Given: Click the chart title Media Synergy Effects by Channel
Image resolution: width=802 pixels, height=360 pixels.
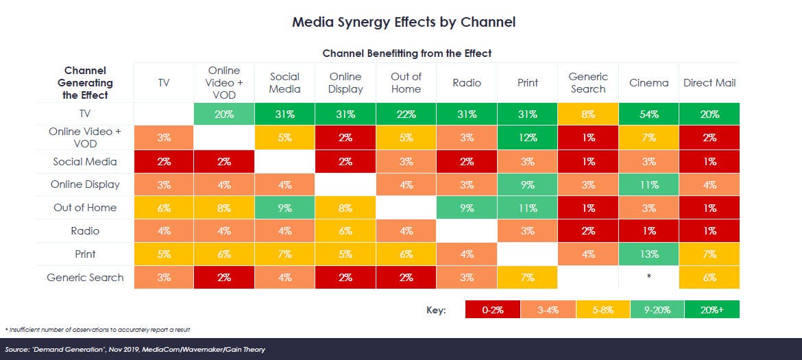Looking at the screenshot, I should pos(404,22).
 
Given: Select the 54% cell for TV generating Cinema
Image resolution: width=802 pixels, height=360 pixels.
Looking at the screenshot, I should pos(648,115).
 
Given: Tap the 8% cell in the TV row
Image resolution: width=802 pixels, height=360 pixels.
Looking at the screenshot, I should pos(587,115).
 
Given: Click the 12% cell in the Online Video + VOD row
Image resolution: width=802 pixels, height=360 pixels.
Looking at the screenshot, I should pos(527,138).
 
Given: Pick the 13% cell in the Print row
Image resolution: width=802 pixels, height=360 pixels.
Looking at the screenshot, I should pos(648,254).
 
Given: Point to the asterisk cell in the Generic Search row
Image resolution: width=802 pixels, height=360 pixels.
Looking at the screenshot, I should pos(648,277).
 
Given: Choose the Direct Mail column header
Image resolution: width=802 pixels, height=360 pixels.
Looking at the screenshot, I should pos(709,83).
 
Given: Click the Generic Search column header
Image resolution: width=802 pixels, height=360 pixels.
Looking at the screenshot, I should pos(587,83).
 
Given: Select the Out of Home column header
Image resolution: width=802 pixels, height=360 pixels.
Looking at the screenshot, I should pos(406,83).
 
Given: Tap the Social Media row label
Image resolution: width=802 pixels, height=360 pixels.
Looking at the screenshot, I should pos(86,161).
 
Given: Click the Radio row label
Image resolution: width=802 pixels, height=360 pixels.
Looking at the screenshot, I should pos(86,230).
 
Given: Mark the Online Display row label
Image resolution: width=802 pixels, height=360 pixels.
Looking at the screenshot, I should pos(86,184).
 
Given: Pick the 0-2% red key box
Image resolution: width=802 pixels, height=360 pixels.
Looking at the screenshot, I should pos(492,310).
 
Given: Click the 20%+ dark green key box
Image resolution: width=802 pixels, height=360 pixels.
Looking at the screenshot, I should pos(712,310).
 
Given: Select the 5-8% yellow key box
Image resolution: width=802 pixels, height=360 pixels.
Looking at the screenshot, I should pos(603,310).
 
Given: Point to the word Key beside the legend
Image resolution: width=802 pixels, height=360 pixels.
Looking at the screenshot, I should pos(436,311).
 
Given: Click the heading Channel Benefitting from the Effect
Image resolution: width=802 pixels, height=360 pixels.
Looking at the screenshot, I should pos(407,53).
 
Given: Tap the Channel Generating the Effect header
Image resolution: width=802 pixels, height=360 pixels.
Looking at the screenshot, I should pos(86,83).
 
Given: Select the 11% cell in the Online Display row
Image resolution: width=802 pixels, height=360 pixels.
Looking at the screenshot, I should pos(648,184).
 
